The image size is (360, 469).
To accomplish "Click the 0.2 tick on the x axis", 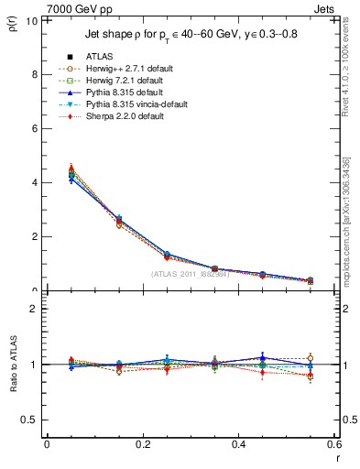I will [142, 444].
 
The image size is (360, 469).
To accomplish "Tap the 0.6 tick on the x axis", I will [333, 444].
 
